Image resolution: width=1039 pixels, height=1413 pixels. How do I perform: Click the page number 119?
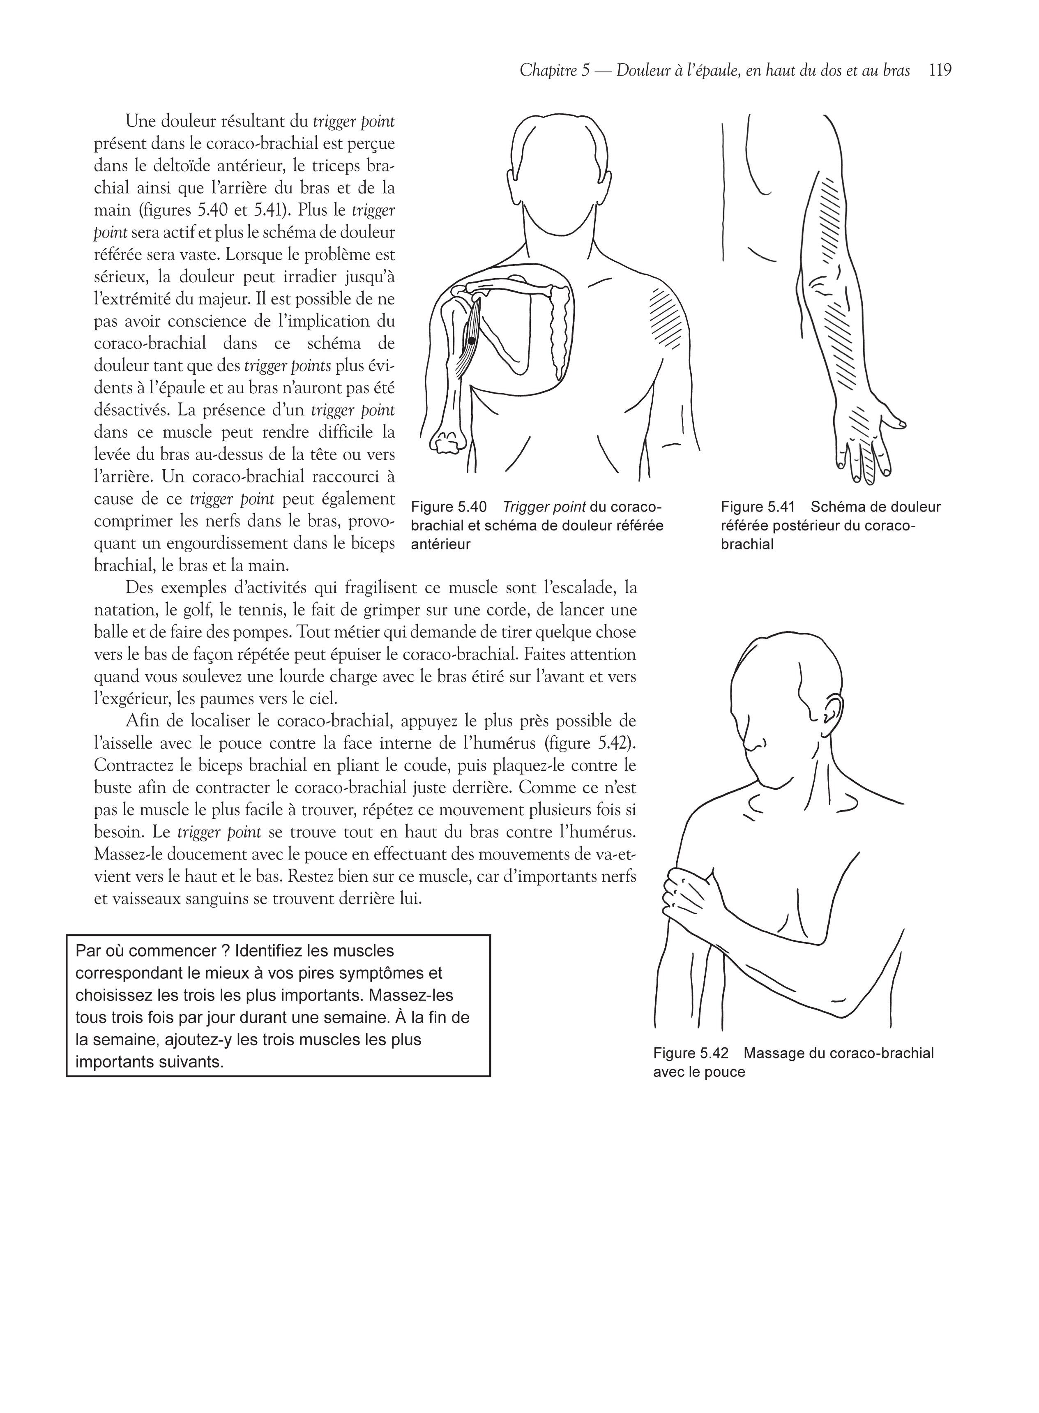click(940, 70)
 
